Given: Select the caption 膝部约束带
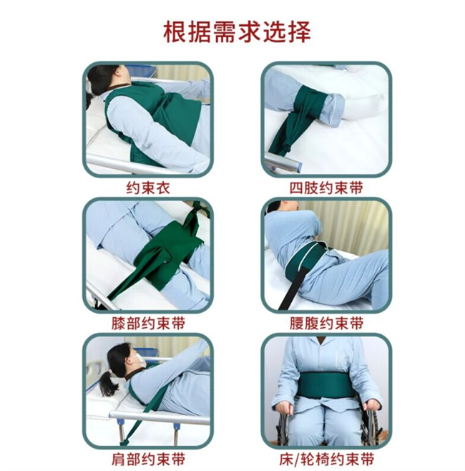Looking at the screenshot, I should (147, 324).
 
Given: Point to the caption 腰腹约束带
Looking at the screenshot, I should (325, 324).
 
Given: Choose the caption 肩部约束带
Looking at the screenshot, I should (147, 458).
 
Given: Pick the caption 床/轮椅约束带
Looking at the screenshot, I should (325, 458).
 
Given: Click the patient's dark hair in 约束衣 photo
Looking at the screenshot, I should (99, 78).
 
